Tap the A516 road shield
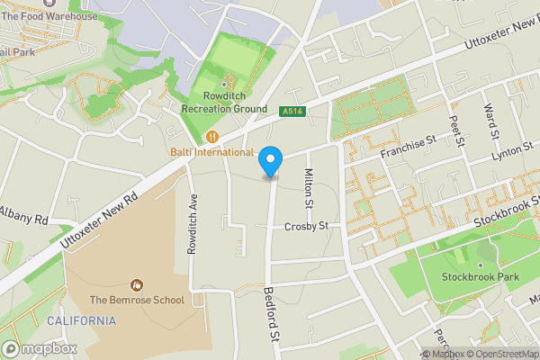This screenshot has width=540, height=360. [x=289, y=111]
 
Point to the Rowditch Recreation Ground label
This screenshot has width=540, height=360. [x=224, y=103]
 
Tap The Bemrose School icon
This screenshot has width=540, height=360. [x=137, y=284]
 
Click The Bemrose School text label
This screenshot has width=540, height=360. [x=137, y=300]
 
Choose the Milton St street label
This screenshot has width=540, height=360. [x=308, y=187]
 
